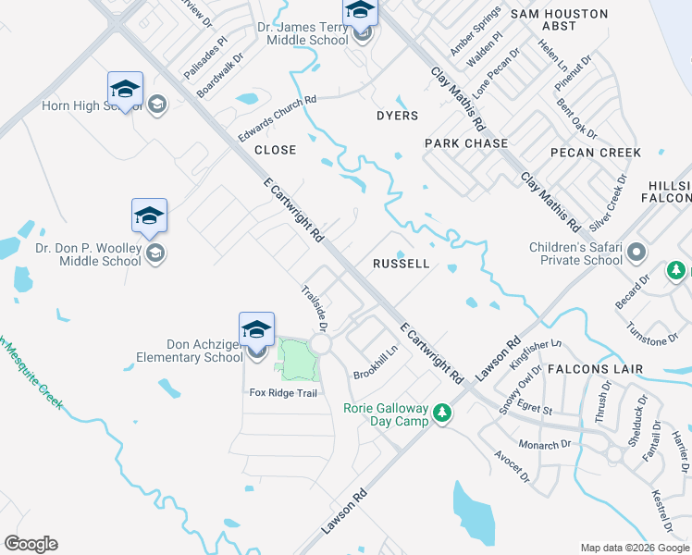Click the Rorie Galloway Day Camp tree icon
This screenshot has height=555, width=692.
[x=443, y=413]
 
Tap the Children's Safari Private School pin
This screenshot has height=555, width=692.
[x=636, y=252]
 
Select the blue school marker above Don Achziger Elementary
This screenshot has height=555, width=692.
[x=257, y=329]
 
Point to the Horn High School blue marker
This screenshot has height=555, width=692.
[x=125, y=90]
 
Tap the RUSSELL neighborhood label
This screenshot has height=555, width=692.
[x=401, y=264]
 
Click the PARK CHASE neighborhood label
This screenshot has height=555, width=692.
[x=466, y=143]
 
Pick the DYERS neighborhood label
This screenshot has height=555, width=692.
[x=397, y=116]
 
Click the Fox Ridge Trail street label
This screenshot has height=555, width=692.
[x=283, y=393]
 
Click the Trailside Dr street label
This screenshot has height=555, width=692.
[x=315, y=308]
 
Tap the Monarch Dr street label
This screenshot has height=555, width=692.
[x=544, y=444]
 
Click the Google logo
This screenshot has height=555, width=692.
[x=31, y=544]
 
